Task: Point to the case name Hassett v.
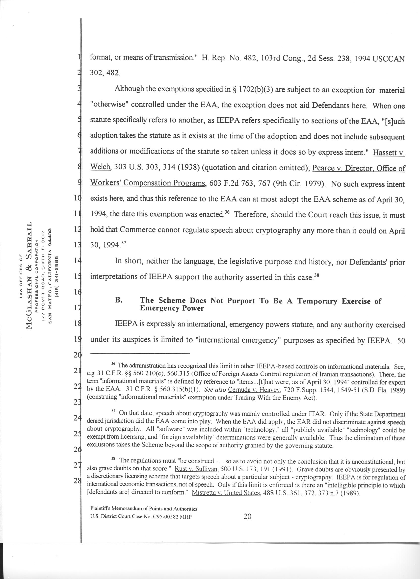(x=389, y=153)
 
